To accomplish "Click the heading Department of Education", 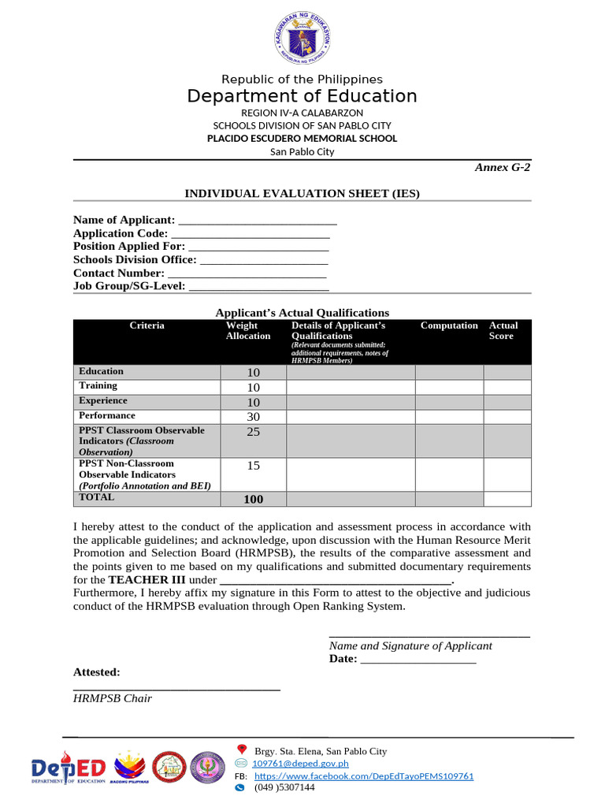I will (302, 96).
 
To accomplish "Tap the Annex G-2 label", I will (502, 167).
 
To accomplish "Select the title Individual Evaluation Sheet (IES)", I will (302, 193).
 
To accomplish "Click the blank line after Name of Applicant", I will (258, 221).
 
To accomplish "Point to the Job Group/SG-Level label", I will (129, 286).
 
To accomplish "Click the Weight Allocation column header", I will (248, 331).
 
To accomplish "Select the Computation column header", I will (449, 326).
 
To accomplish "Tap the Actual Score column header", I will (503, 331).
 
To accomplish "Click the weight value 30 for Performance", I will (253, 416).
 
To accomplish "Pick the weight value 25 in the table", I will (253, 432).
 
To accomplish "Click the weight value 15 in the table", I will (253, 466).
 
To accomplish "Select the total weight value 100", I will (253, 499).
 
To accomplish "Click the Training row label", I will (98, 386).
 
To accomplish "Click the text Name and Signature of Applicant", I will (410, 645).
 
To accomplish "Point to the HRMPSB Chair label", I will (113, 698).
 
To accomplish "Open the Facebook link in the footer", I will (364, 776).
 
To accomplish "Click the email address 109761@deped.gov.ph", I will (300, 764).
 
